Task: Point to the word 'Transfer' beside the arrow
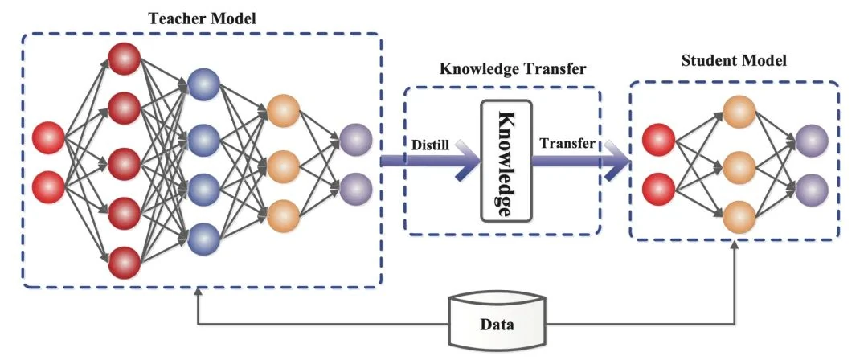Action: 567,144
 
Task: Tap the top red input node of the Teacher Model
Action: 48,139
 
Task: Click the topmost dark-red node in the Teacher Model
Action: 125,57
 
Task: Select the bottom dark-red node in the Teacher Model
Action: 125,263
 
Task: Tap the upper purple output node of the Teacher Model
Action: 355,139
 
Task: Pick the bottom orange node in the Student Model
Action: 739,216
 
